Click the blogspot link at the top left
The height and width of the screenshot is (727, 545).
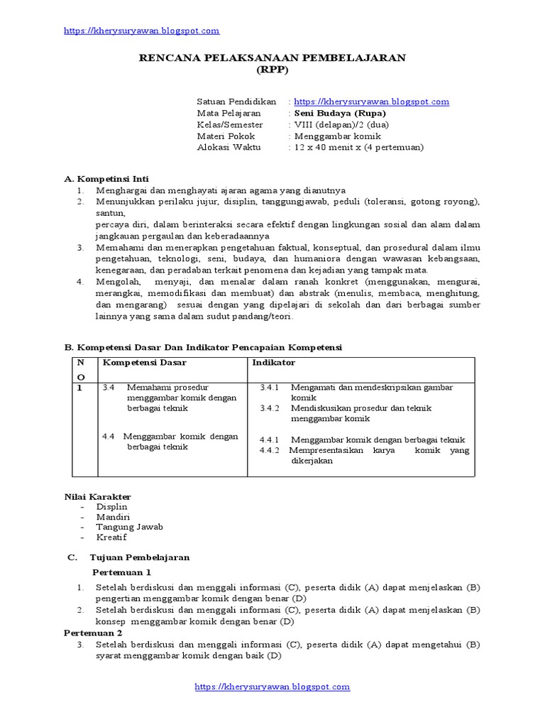pyautogui.click(x=141, y=31)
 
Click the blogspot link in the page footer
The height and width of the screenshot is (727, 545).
pyautogui.click(x=272, y=687)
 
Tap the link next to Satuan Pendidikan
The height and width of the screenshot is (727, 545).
pyautogui.click(x=371, y=102)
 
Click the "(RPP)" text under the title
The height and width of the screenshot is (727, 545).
pyautogui.click(x=272, y=70)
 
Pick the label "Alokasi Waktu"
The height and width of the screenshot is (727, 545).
pyautogui.click(x=229, y=147)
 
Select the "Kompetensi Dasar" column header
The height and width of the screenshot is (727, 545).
pyautogui.click(x=144, y=363)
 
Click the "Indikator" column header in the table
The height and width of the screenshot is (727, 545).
pyautogui.click(x=274, y=363)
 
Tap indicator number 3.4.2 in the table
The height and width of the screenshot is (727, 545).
pyautogui.click(x=270, y=408)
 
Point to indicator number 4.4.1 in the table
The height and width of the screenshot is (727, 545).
pyautogui.click(x=270, y=439)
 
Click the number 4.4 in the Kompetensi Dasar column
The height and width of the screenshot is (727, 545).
pyautogui.click(x=108, y=437)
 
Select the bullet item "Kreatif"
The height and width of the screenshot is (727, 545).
pyautogui.click(x=111, y=537)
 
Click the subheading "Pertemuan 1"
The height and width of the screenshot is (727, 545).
pyautogui.click(x=121, y=572)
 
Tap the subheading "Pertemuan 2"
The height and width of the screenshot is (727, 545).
pyautogui.click(x=93, y=632)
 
